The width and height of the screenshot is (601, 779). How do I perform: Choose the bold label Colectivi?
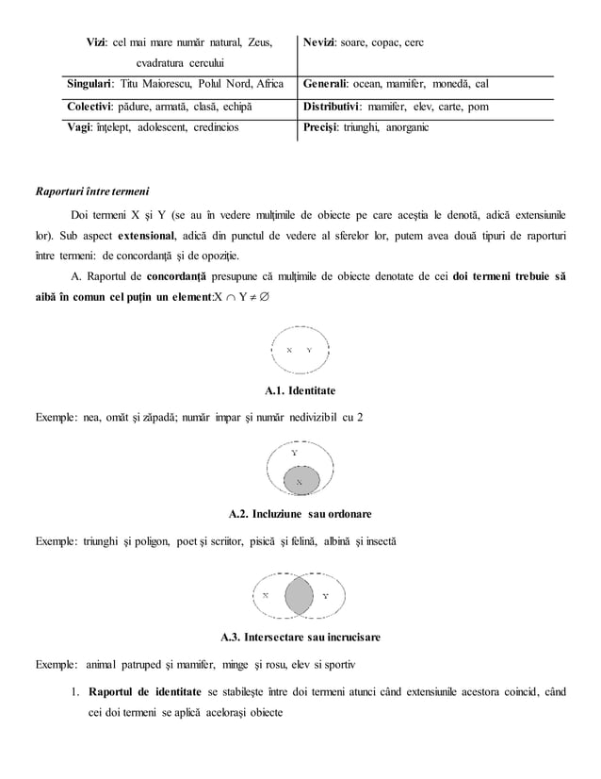click(93, 107)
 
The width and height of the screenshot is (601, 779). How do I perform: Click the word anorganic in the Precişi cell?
click(404, 126)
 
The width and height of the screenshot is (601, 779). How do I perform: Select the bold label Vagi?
click(83, 126)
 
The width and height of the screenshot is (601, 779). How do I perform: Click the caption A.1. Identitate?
click(300, 390)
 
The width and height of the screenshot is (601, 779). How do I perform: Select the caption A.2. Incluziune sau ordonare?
click(300, 514)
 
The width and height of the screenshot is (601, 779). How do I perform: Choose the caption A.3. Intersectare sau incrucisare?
click(300, 638)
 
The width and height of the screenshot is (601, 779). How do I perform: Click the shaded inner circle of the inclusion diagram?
click(300, 481)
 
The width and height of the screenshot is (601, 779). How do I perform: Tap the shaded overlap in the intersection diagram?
click(300, 596)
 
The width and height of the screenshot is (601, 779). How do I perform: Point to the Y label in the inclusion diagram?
click(294, 453)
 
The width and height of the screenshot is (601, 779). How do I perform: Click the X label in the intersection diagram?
click(266, 596)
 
